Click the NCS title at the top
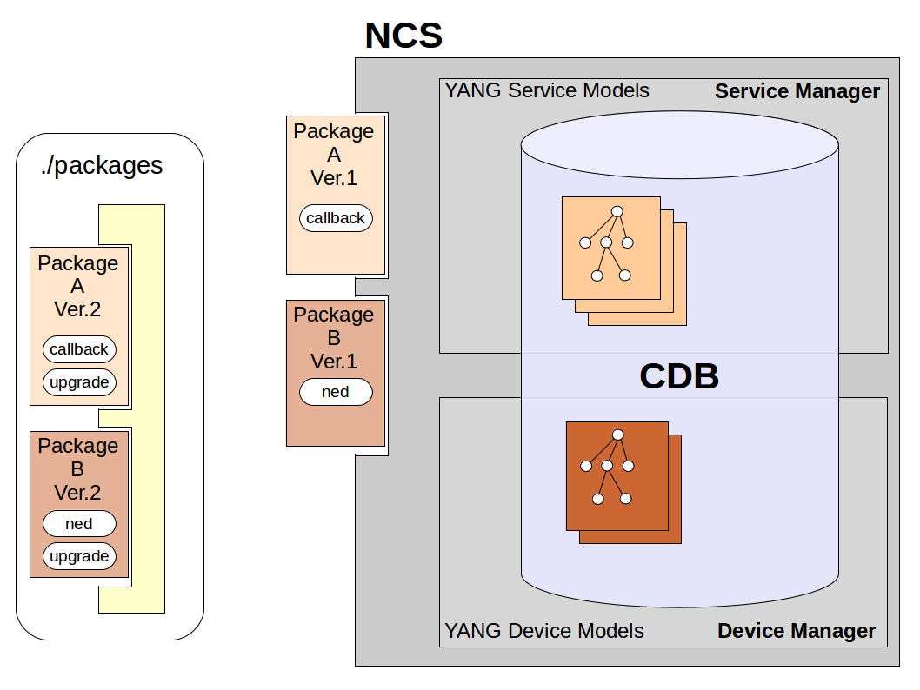[x=403, y=36]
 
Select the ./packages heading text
[x=102, y=165]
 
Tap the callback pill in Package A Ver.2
[x=79, y=349]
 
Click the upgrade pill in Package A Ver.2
[x=79, y=382]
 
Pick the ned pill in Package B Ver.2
[x=79, y=523]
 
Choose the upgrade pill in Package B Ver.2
[x=79, y=556]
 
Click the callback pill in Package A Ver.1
[x=336, y=218]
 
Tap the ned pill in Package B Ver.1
[x=336, y=392]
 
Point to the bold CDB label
[x=679, y=375]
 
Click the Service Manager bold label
[x=797, y=91]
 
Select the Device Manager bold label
[x=796, y=631]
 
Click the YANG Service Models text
[x=547, y=90]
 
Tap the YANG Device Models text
[x=544, y=631]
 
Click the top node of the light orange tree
[x=617, y=211]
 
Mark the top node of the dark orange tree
[x=617, y=435]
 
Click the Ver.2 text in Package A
[x=77, y=310]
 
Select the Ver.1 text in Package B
[x=334, y=362]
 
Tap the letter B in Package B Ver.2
[x=77, y=469]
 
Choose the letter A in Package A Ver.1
[x=334, y=155]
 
